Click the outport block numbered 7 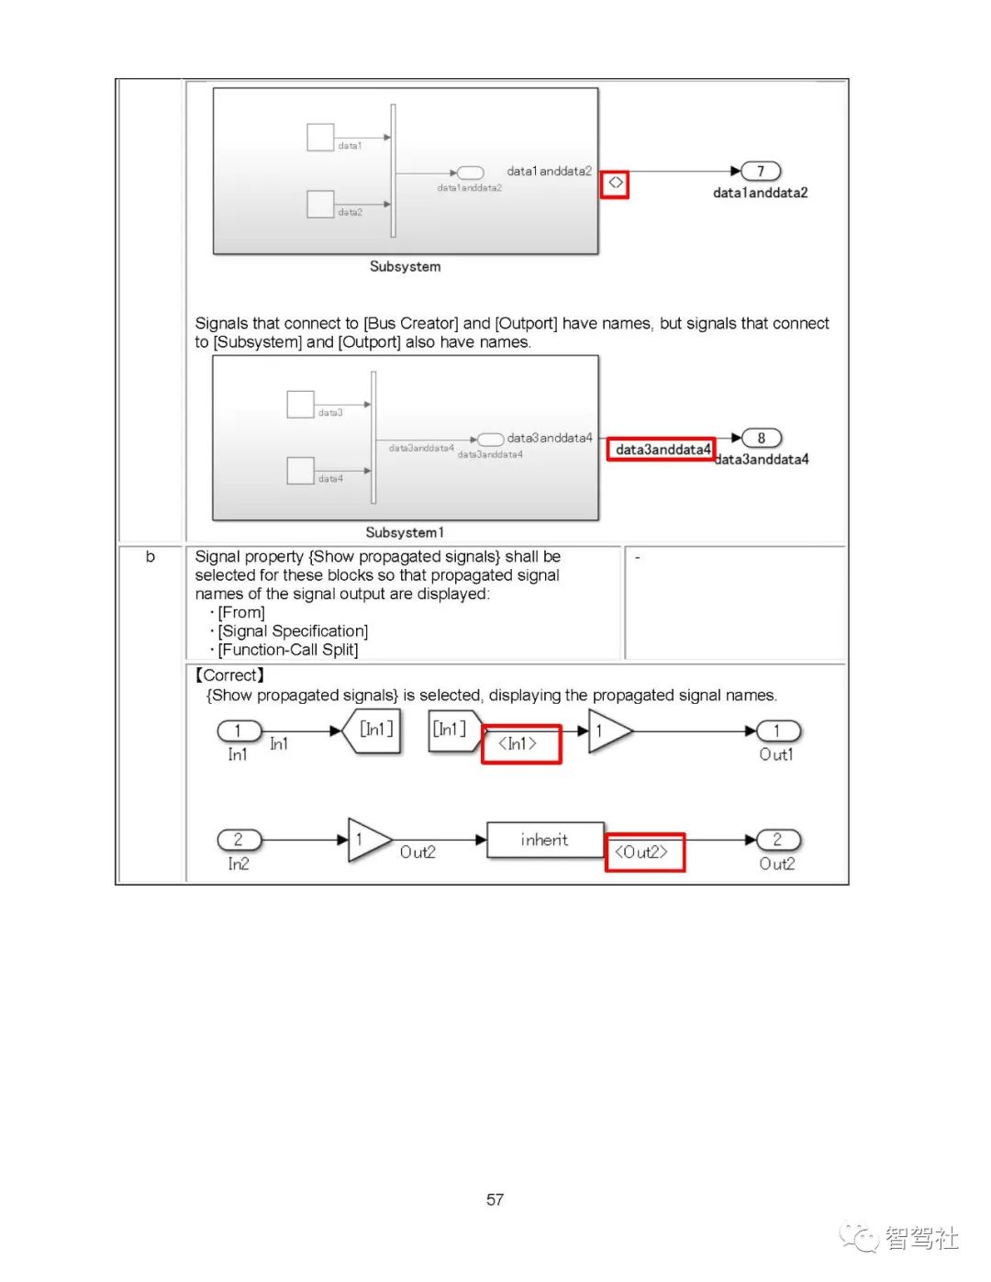761,172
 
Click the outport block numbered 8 761,438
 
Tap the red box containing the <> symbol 615,184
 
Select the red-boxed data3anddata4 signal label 661,450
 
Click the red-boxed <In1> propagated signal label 520,744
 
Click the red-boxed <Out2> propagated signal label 644,853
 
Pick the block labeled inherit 544,840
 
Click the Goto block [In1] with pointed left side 373,730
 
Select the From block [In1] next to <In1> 451,730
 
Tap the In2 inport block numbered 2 239,840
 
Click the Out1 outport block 777,731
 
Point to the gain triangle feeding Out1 607,731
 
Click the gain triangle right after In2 366,840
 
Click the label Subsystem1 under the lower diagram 405,532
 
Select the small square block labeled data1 320,138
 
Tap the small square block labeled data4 300,471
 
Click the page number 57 495,1199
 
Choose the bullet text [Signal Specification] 293,631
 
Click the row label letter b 150,557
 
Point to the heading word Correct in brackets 229,675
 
